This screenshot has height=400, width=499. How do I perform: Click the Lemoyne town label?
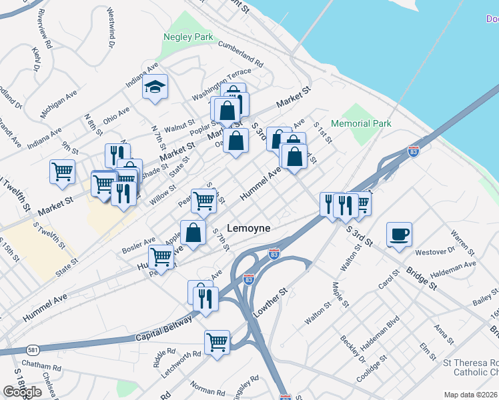tap(249, 228)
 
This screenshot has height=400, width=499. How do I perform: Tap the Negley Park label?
tap(189, 37)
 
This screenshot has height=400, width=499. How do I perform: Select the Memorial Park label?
tap(361, 123)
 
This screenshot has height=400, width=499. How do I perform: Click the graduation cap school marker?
tap(155, 87)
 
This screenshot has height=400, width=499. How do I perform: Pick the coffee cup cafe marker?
tap(399, 235)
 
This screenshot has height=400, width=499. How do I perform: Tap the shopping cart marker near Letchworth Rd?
tap(217, 343)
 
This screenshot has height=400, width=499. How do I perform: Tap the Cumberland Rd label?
tap(241, 53)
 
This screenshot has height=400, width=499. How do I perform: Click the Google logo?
tap(22, 392)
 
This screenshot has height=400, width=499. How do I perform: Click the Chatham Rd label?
tap(41, 365)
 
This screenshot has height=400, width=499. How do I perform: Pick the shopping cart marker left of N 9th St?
tap(62, 171)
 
